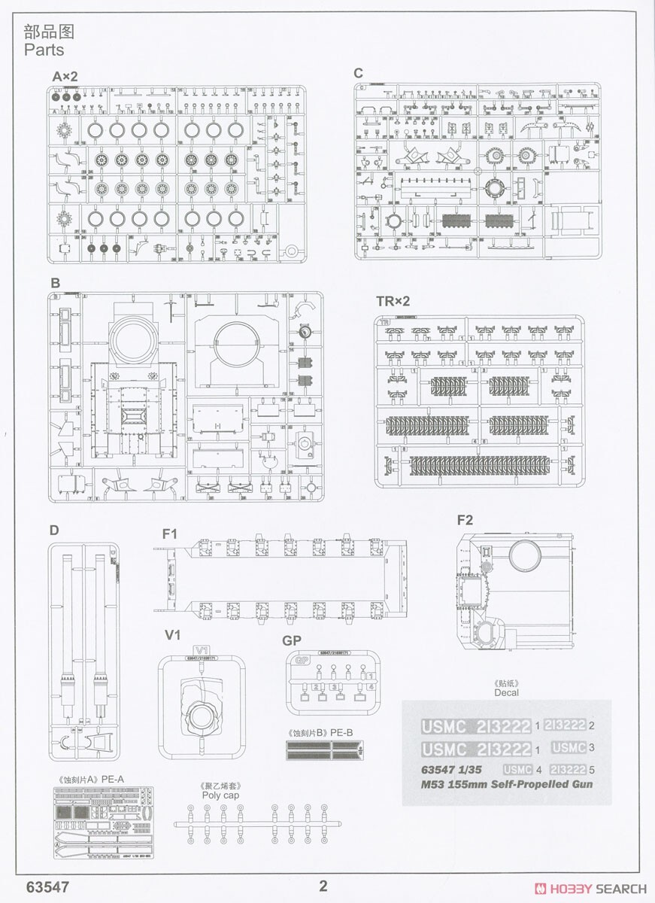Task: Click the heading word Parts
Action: [44, 50]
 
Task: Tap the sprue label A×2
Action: [65, 76]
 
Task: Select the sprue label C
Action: [358, 73]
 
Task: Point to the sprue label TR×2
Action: [393, 302]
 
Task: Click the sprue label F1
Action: [170, 534]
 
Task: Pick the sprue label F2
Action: [465, 520]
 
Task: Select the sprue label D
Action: [53, 530]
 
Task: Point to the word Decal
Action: [506, 692]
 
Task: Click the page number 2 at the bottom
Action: [323, 886]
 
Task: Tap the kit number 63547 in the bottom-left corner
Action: [47, 886]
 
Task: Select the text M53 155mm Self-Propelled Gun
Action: [507, 784]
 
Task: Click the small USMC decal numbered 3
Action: [568, 748]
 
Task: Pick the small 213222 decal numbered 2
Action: [564, 725]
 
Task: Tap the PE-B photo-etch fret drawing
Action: [325, 749]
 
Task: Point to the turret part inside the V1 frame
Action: [201, 705]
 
